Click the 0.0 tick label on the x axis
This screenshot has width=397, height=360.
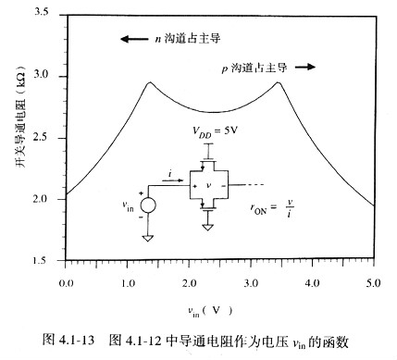[x=65, y=279]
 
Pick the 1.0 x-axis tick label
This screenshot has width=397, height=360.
[x=127, y=279]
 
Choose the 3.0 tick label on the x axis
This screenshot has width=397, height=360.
[x=250, y=279]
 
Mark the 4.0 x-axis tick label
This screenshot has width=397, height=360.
[x=312, y=279]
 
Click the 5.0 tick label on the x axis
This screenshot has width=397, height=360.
[x=373, y=279]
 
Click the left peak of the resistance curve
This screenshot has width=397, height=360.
[x=149, y=82]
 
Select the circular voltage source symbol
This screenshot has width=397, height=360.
[x=148, y=204]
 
